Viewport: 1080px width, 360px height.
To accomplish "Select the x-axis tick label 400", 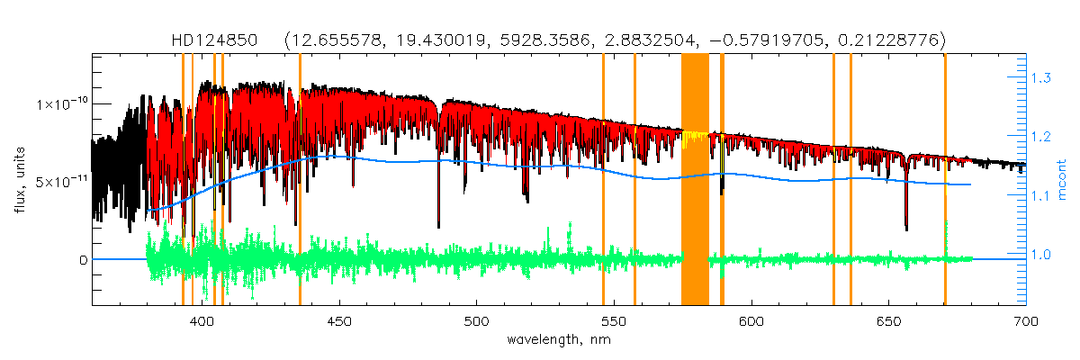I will click(x=203, y=321).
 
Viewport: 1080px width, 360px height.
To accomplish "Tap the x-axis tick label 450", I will click(x=340, y=321).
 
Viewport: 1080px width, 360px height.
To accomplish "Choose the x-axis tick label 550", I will click(x=615, y=321).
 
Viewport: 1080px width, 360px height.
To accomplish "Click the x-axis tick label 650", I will click(x=889, y=321).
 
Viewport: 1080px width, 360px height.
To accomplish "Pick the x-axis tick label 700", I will click(x=1026, y=321).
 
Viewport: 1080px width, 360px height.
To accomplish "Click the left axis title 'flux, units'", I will click(x=19, y=180).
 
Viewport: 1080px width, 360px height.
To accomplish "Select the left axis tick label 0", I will click(x=83, y=259).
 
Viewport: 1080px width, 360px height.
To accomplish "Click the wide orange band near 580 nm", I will click(x=695, y=180).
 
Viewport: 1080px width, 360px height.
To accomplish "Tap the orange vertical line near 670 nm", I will click(x=945, y=180).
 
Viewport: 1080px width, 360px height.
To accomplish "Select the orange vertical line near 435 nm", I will click(x=300, y=180).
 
